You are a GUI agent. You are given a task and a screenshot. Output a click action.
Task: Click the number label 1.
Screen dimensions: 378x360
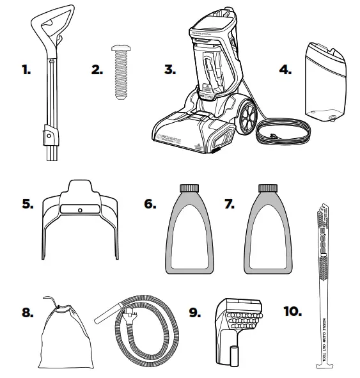(x=25, y=70)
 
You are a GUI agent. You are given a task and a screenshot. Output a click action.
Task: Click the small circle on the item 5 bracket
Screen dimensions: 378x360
(x=79, y=210)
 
